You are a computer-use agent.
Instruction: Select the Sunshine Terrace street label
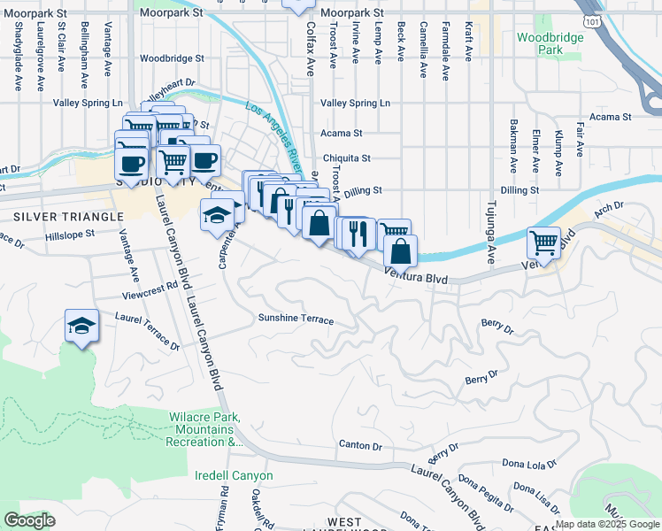coord(296,319)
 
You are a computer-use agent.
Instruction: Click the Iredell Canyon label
coord(234,475)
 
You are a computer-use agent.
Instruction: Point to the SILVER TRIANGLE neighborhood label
coord(67,217)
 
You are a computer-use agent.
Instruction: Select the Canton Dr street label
coord(359,445)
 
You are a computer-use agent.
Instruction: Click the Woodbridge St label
coord(172,58)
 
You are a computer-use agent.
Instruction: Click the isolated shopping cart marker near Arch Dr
coord(543,242)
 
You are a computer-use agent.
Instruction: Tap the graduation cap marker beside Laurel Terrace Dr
coord(81,327)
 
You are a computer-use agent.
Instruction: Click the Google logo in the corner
coord(29,519)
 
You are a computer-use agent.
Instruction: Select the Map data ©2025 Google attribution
coord(605,524)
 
